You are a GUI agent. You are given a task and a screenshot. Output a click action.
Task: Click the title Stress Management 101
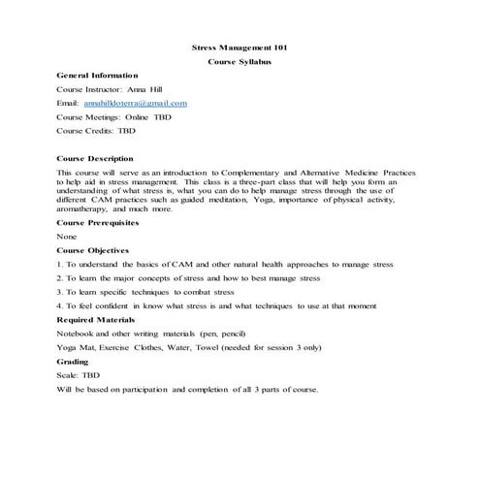(x=240, y=47)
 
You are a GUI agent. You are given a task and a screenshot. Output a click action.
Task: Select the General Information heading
(x=97, y=75)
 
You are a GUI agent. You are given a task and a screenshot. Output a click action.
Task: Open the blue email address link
(x=135, y=102)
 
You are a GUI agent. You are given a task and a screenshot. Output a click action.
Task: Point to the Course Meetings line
(x=113, y=115)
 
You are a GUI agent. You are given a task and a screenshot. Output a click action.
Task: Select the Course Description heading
(x=95, y=158)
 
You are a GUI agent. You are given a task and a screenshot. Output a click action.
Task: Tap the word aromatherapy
(x=83, y=208)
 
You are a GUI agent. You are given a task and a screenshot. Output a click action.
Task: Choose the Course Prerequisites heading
(x=98, y=221)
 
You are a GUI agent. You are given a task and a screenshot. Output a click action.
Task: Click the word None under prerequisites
(x=67, y=236)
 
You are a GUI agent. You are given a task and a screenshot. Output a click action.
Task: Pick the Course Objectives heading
(x=92, y=249)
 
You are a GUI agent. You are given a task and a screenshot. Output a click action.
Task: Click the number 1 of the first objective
(x=59, y=263)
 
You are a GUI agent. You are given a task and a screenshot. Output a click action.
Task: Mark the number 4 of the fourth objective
(x=59, y=305)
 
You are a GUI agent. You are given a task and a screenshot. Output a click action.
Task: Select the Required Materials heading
(x=95, y=319)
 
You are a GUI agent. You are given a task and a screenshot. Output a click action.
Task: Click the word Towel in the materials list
(x=208, y=346)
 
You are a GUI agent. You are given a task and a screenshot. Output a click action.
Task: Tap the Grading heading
(x=73, y=361)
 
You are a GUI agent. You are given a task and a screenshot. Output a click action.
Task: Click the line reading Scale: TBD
(x=79, y=374)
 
